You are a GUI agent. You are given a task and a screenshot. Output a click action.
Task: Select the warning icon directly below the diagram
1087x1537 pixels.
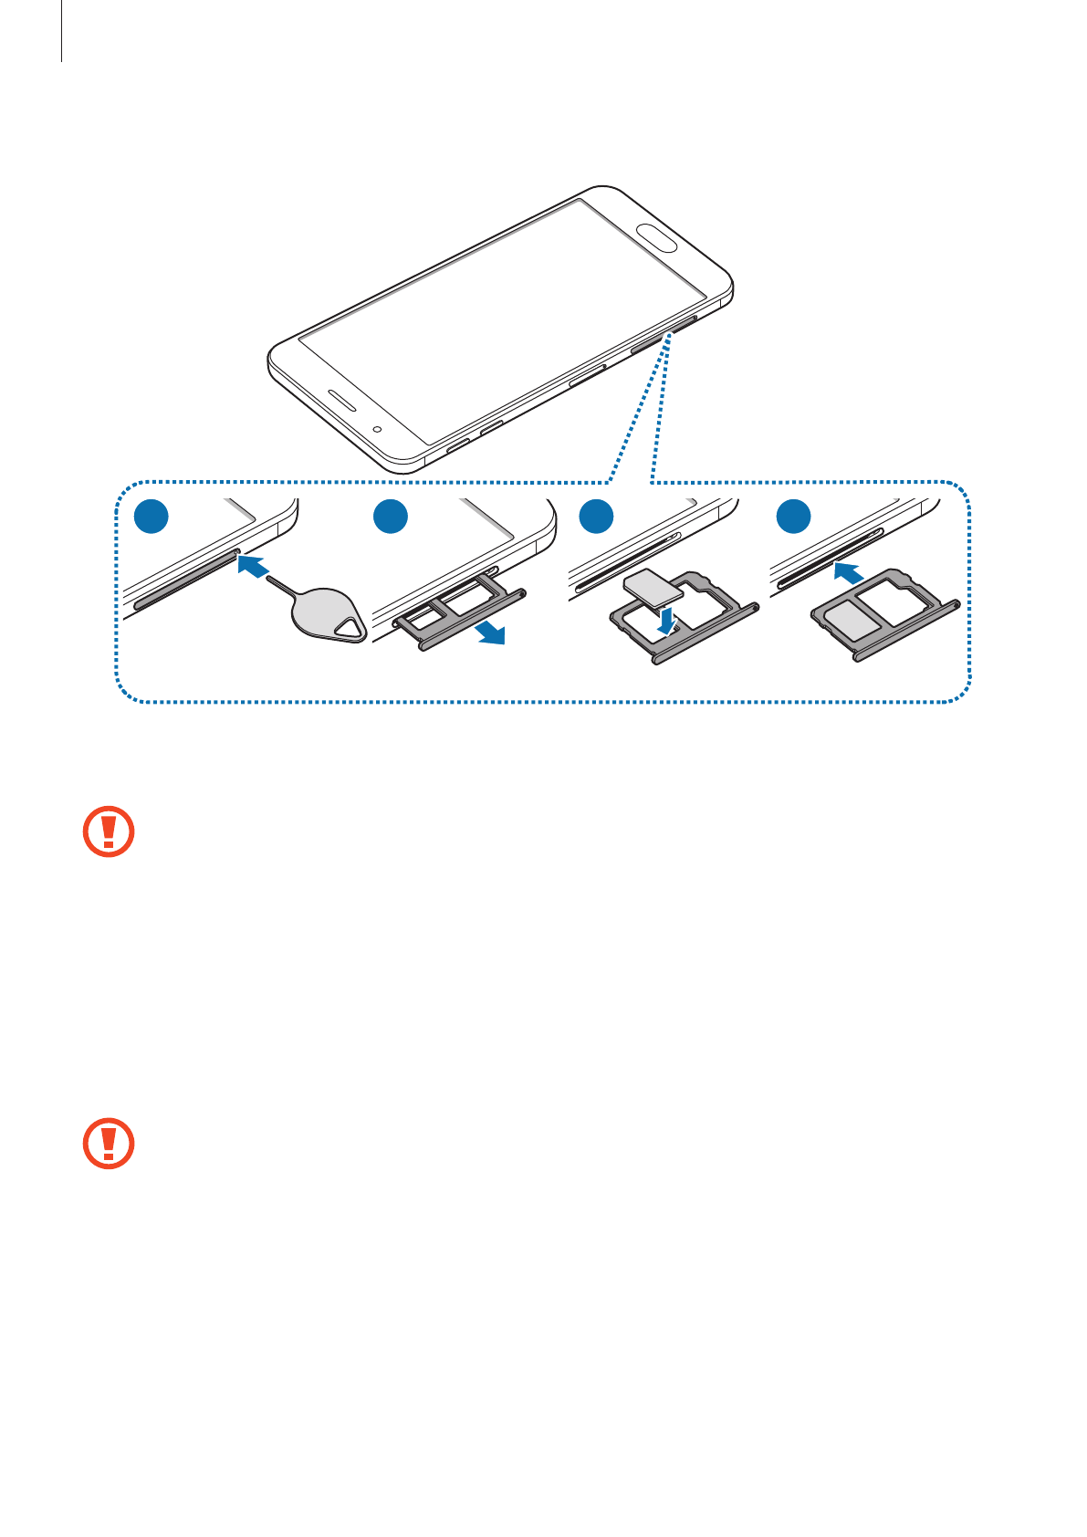(x=109, y=831)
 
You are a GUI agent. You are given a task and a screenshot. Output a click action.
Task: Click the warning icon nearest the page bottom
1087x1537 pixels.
(x=109, y=1143)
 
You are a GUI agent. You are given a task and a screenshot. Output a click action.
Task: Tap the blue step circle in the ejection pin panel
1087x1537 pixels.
(x=152, y=517)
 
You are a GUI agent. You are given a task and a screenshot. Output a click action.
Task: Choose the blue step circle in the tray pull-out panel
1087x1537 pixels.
(x=391, y=517)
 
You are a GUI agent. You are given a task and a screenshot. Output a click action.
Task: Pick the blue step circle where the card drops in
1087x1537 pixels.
(x=595, y=517)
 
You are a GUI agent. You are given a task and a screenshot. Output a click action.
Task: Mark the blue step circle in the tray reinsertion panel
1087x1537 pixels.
(x=793, y=517)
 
